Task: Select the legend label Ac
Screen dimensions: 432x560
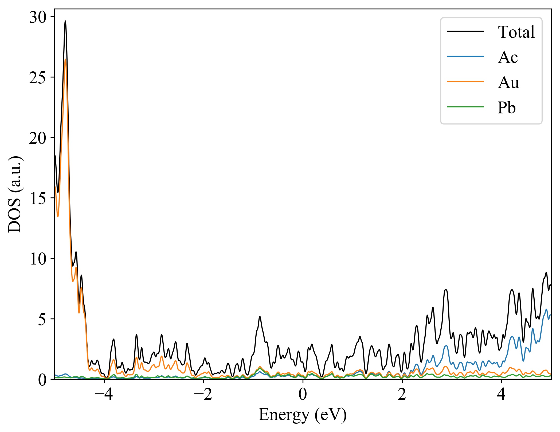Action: pos(508,57)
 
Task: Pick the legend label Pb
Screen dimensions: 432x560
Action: pos(506,108)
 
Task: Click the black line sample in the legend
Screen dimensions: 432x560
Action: pos(465,31)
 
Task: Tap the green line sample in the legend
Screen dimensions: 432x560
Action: pos(465,107)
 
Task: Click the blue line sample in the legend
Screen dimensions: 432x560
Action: pos(465,56)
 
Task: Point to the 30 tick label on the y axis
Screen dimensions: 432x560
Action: pos(38,17)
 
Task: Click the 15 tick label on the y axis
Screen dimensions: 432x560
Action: pos(38,199)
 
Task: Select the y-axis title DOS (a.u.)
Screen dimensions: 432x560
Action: pos(15,194)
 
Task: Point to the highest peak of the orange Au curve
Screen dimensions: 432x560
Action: pos(65,59)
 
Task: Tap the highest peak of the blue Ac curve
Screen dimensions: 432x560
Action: pos(546,309)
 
